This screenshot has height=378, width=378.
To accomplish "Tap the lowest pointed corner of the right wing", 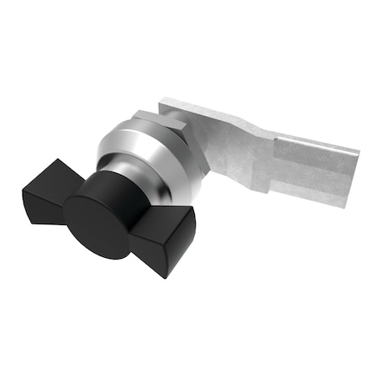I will [x=169, y=276].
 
